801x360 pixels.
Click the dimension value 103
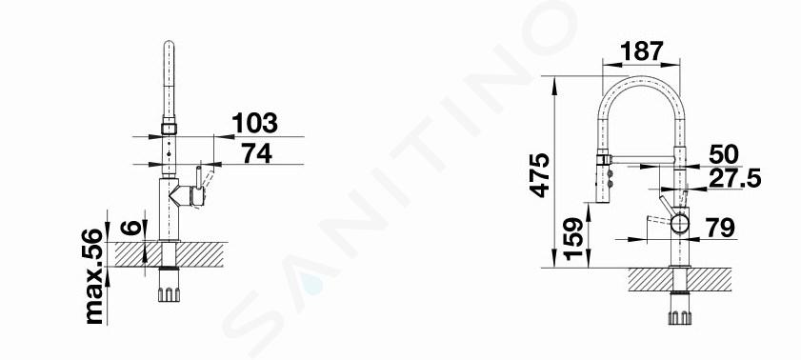click(x=254, y=123)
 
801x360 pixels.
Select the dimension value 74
click(x=256, y=152)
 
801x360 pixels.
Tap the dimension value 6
click(x=130, y=228)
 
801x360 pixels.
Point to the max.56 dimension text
click(x=93, y=276)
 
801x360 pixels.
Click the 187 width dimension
click(x=642, y=50)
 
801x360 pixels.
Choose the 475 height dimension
click(x=539, y=175)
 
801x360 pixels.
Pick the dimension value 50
click(x=724, y=154)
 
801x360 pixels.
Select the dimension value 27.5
click(x=734, y=178)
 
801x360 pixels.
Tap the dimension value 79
click(x=720, y=228)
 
